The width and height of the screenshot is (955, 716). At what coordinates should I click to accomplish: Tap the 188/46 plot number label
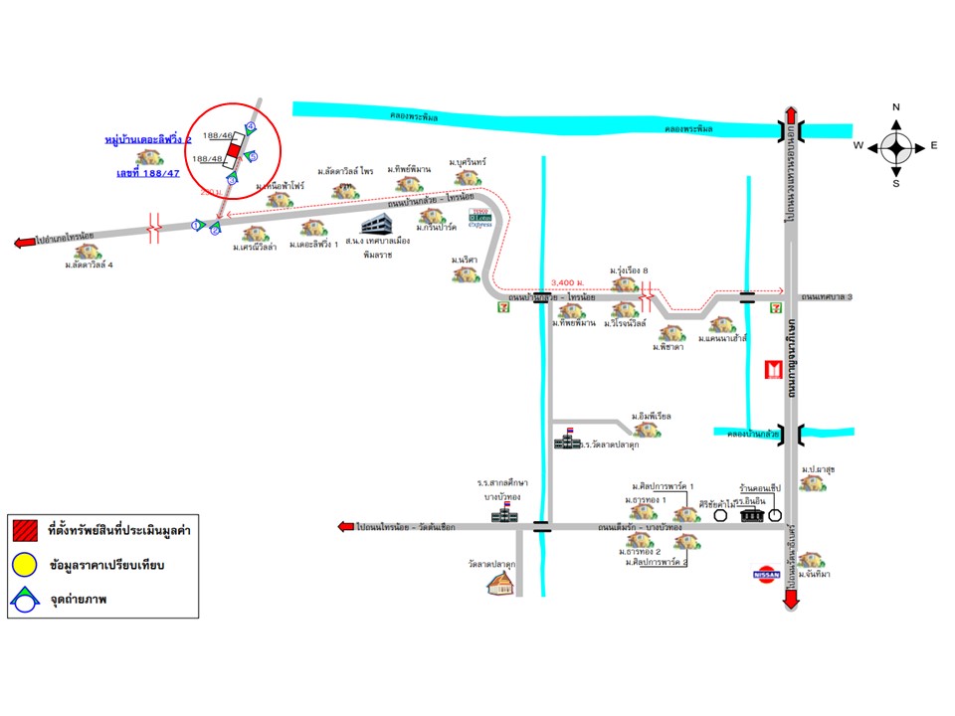point(218,135)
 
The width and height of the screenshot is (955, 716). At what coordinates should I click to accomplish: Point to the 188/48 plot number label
point(207,158)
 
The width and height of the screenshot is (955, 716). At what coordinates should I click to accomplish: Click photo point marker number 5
point(253,157)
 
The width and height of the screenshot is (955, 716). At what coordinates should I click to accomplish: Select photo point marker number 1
point(197,226)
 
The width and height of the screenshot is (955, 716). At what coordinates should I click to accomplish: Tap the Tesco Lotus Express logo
point(480,216)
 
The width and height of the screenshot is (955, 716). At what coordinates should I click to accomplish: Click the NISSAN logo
point(765,575)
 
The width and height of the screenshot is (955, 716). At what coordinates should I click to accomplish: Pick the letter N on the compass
point(896,107)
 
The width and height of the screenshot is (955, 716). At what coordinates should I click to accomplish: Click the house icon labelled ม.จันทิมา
point(811,560)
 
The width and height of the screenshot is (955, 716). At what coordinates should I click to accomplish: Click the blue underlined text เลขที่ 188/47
point(147,173)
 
